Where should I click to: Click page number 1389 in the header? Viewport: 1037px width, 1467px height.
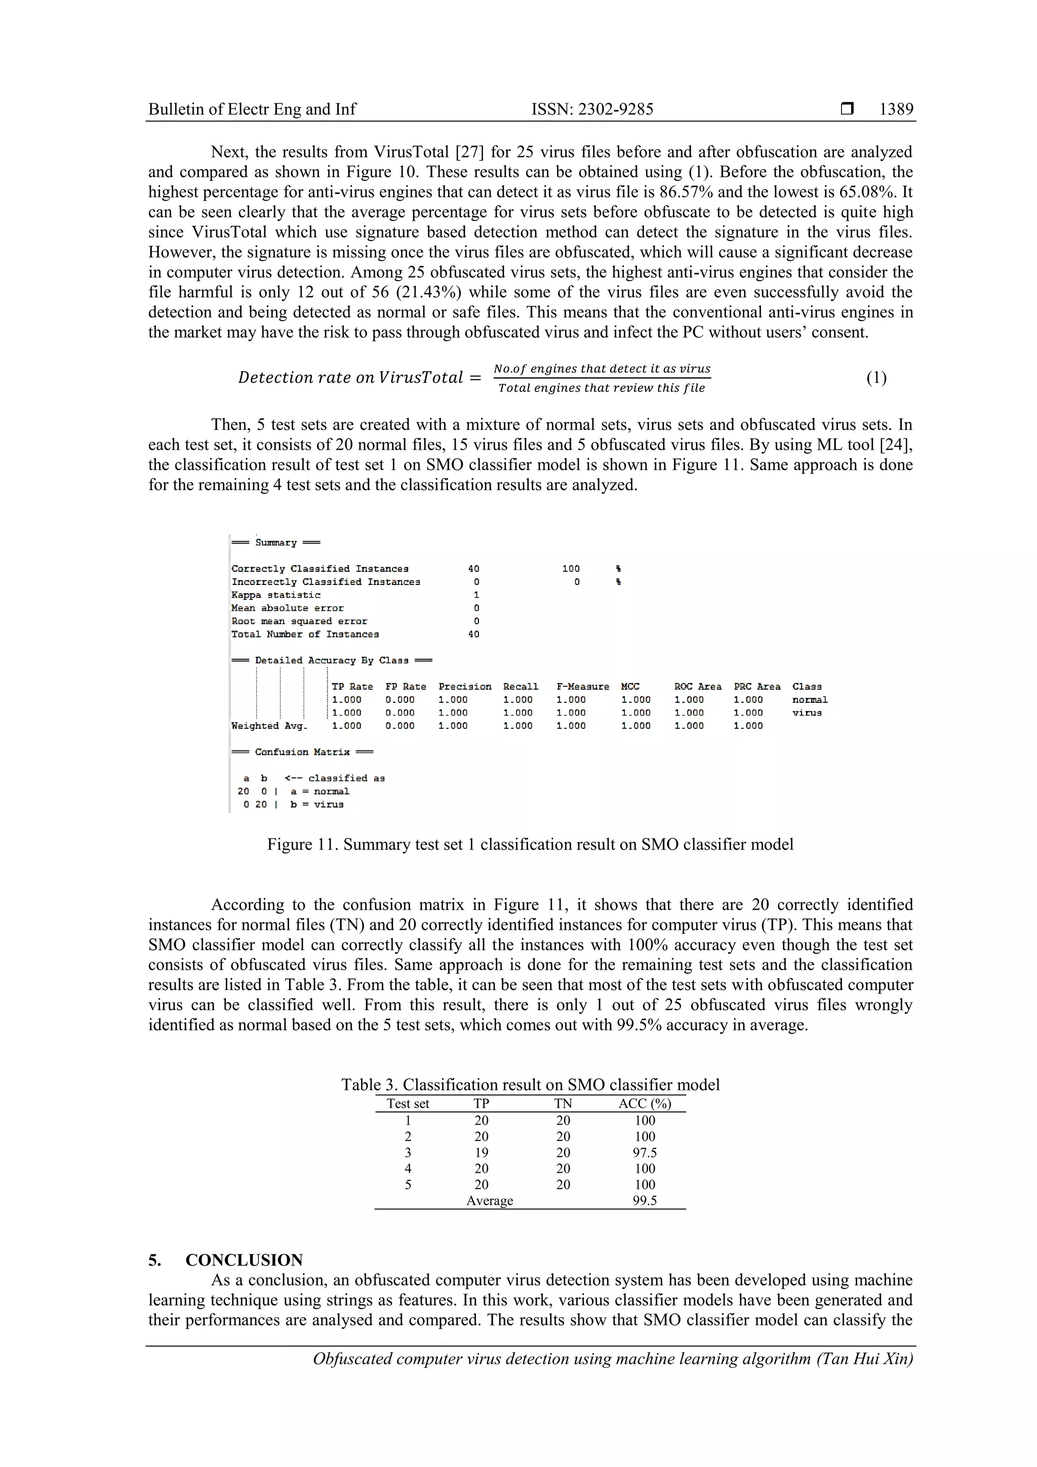896,109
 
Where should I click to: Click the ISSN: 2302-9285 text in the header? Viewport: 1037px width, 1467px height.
592,109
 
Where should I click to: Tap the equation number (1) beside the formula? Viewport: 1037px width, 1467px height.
876,378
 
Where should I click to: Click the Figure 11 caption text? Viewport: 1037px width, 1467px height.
530,844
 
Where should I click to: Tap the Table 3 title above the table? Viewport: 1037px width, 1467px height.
530,1084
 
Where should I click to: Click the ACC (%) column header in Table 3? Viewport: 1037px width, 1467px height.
644,1103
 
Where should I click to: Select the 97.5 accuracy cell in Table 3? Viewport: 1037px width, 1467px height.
644,1153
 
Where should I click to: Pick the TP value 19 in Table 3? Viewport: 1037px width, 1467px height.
481,1153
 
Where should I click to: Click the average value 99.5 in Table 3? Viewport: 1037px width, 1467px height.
644,1201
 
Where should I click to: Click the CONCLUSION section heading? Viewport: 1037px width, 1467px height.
244,1260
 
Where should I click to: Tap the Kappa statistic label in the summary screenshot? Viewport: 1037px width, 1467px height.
276,595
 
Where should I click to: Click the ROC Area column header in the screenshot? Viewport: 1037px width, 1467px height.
697,686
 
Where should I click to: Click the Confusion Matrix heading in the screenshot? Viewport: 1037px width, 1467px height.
302,752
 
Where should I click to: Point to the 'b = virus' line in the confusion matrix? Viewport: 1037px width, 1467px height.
317,805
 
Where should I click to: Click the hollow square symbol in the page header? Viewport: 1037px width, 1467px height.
847,109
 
